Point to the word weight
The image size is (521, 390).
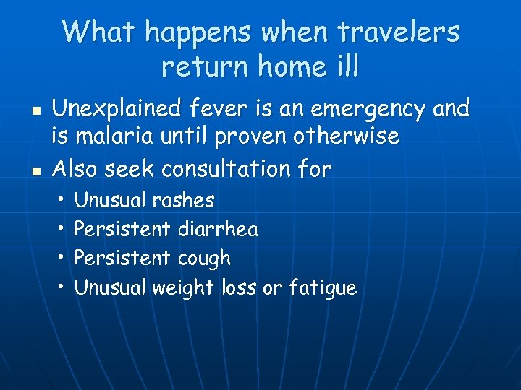pyautogui.click(x=182, y=288)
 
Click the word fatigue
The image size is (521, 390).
pyautogui.click(x=323, y=288)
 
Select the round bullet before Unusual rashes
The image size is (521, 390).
pyautogui.click(x=63, y=199)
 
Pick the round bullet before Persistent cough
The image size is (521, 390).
pyautogui.click(x=63, y=258)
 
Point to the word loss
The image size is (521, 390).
pyautogui.click(x=237, y=287)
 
